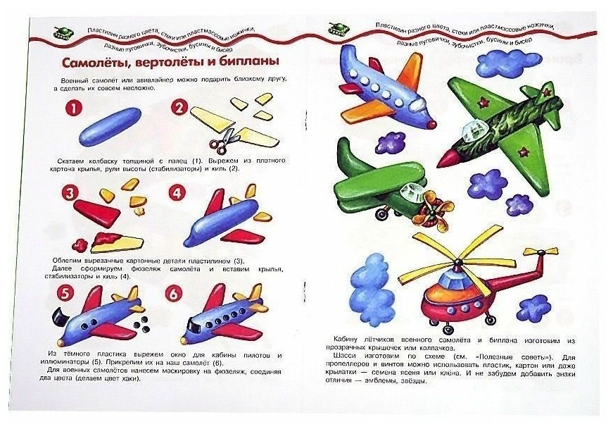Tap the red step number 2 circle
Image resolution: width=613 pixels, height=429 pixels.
point(180,108)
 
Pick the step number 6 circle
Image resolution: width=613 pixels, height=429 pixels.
point(174,293)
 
